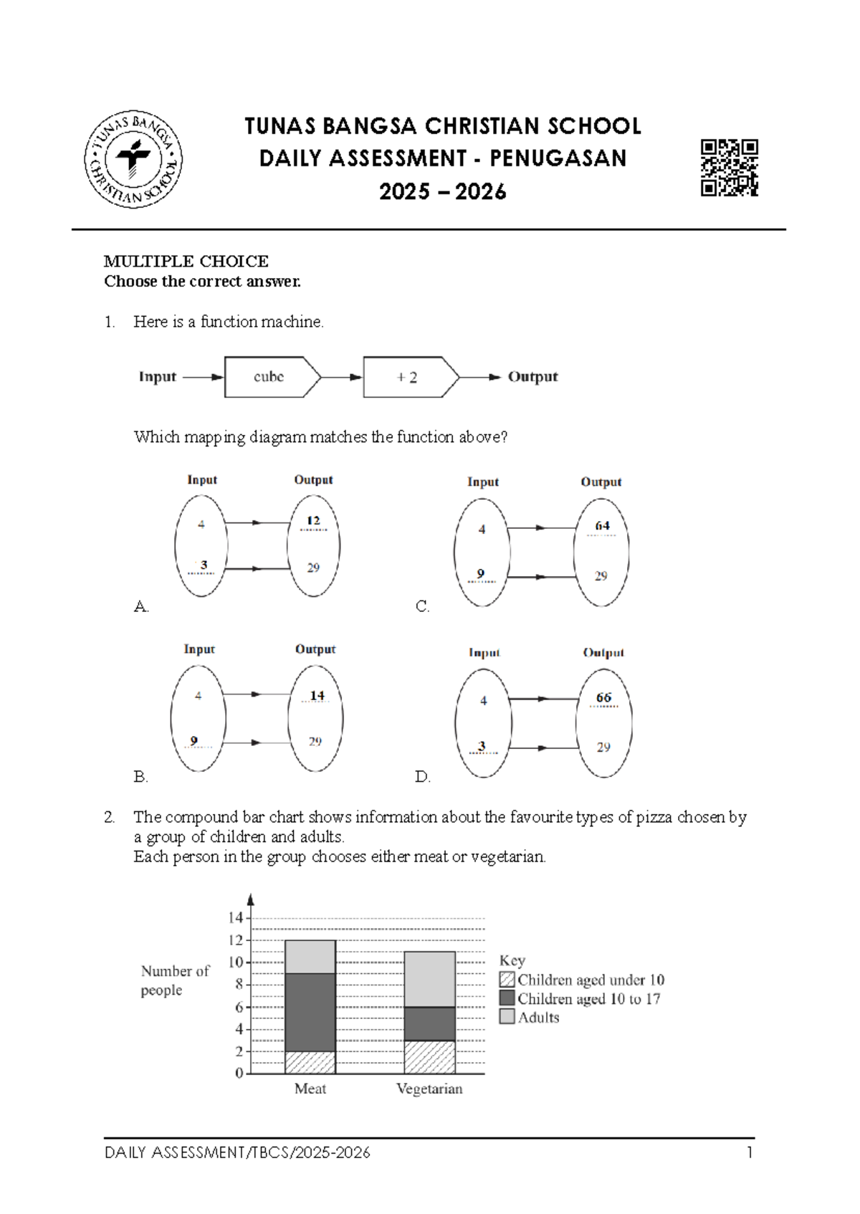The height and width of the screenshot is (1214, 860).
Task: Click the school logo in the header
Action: coord(133,159)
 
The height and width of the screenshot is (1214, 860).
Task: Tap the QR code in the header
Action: coord(729,167)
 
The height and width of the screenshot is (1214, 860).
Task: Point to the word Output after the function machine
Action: coord(532,377)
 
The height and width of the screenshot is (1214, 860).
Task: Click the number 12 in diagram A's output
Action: coord(313,521)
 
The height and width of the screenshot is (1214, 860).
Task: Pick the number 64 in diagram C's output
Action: coord(602,526)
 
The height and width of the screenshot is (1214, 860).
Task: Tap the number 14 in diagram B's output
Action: coord(317,696)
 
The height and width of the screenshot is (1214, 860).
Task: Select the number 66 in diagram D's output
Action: coord(603,697)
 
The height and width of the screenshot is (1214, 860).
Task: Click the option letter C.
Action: coord(422,607)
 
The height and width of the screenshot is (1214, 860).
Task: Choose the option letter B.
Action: coord(140,777)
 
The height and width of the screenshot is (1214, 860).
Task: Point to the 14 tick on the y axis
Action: coord(236,918)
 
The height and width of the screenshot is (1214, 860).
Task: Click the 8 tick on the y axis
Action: coord(239,985)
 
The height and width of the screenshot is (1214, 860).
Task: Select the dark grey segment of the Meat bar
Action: coord(310,1012)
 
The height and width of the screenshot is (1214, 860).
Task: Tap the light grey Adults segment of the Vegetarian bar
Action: coord(429,979)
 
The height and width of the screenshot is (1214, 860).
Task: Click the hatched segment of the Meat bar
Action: coord(310,1062)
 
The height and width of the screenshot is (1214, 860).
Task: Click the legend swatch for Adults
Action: coord(507,1016)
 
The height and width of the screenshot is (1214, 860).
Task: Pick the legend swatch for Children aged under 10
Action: coord(507,979)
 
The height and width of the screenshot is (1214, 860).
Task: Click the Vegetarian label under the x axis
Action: coord(429,1089)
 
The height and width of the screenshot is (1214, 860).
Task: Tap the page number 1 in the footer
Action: coord(750,1152)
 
